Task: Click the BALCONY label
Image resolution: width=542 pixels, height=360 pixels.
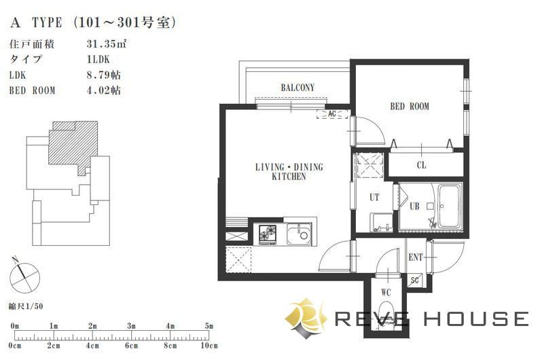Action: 297,88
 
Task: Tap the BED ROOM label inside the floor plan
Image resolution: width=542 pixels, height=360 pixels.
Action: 410,106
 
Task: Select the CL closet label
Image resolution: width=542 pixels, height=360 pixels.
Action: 421,165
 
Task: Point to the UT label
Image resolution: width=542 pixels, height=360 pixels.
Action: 374,198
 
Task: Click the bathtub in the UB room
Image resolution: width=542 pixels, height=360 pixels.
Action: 450,206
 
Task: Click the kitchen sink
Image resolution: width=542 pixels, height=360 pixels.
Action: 299,234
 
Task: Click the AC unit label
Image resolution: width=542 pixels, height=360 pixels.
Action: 332,114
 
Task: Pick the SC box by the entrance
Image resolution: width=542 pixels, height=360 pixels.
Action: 414,280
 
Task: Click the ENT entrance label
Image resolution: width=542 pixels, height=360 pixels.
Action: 416,257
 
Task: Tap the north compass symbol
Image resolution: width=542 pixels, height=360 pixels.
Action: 24,276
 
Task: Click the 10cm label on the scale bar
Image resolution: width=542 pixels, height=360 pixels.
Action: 209,345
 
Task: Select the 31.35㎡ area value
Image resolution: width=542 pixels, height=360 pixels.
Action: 106,44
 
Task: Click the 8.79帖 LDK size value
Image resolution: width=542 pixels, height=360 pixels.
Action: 104,75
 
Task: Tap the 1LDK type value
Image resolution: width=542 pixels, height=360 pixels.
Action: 98,60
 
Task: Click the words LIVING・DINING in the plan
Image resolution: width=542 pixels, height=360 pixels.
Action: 289,167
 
